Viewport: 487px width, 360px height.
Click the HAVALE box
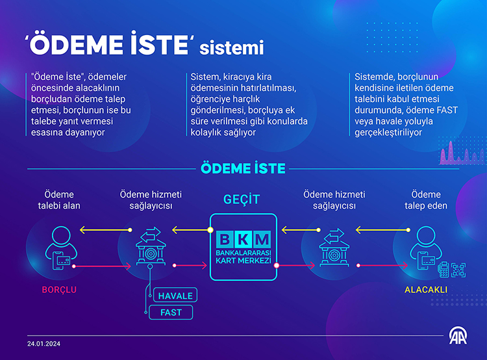click(175, 295)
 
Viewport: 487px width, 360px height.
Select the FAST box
click(171, 312)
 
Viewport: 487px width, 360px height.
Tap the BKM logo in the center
click(243, 247)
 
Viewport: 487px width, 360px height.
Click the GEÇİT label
click(242, 199)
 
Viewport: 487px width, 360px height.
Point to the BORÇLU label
click(59, 290)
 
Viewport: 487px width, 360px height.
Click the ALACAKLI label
click(426, 290)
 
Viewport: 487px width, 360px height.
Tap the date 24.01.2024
click(44, 344)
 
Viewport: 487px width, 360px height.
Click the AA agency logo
click(458, 336)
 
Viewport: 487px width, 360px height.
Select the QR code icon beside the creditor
click(458, 270)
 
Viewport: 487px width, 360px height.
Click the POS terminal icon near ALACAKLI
click(443, 269)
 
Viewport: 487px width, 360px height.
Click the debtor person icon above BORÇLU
click(61, 248)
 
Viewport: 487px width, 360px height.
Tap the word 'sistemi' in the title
click(231, 47)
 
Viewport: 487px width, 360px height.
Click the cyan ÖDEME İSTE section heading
click(243, 168)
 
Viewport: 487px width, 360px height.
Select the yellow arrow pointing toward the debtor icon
click(106, 230)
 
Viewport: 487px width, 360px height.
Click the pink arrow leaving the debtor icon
click(101, 266)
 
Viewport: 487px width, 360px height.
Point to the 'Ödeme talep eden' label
click(426, 200)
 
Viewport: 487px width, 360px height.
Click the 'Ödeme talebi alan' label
click(59, 200)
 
